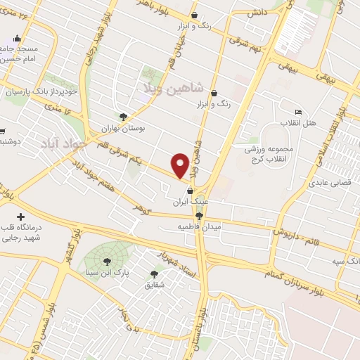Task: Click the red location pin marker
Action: pyautogui.click(x=181, y=165)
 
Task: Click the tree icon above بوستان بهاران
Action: pyautogui.click(x=124, y=117)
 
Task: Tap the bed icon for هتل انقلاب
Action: pyautogui.click(x=299, y=112)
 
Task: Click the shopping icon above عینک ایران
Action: pyautogui.click(x=190, y=191)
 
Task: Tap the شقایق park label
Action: pyautogui.click(x=154, y=285)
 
